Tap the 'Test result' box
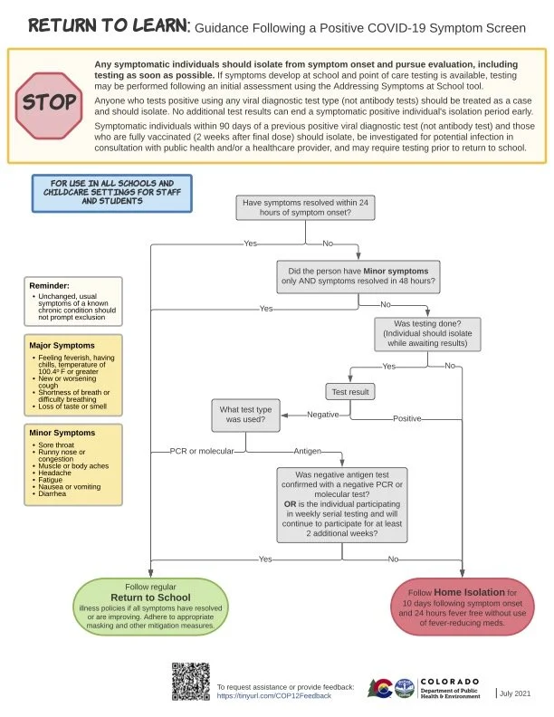349,392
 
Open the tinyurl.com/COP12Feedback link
273,695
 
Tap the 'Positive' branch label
407,419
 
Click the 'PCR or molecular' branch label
202,450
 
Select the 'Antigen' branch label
306,450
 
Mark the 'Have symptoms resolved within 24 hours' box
307,207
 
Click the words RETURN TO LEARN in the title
107,26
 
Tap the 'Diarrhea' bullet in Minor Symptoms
51,494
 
